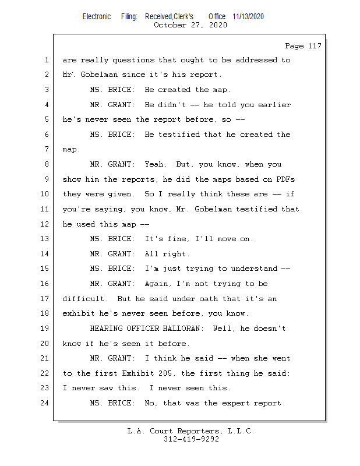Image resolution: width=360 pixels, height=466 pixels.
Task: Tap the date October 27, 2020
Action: (x=190, y=25)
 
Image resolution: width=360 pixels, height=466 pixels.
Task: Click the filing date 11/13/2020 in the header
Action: (x=248, y=16)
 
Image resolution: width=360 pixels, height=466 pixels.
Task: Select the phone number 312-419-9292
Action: (x=191, y=439)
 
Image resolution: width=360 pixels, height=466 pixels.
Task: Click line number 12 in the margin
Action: (x=44, y=224)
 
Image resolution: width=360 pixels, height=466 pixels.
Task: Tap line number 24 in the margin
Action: (x=44, y=403)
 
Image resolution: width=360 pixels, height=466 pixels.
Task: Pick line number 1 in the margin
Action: (x=47, y=60)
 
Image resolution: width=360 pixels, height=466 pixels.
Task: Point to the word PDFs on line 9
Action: (x=285, y=179)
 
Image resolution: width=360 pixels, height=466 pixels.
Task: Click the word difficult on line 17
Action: (x=83, y=299)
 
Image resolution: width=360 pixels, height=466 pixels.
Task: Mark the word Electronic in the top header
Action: (x=97, y=16)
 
